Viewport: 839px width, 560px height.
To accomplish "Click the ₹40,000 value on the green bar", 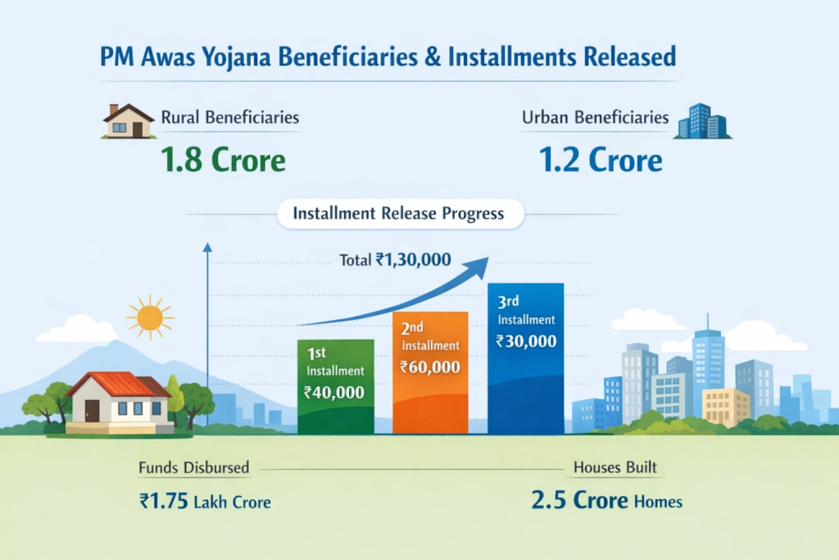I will point(334,392).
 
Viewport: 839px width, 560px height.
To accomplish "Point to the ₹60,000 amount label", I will point(430,367).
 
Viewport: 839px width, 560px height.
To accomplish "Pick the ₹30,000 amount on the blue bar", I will point(526,341).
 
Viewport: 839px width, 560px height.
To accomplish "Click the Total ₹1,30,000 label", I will point(395,260).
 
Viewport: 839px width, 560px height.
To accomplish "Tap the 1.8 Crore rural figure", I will point(223,160).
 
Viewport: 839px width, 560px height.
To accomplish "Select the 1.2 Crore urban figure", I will point(601,160).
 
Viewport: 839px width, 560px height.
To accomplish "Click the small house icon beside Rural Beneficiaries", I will point(129,121).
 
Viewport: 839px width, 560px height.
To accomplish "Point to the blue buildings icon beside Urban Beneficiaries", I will point(703,121).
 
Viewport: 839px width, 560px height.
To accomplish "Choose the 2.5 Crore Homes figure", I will point(606,500).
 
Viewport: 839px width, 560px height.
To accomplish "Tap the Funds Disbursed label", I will point(193,469).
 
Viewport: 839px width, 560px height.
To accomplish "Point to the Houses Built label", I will point(615,469).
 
